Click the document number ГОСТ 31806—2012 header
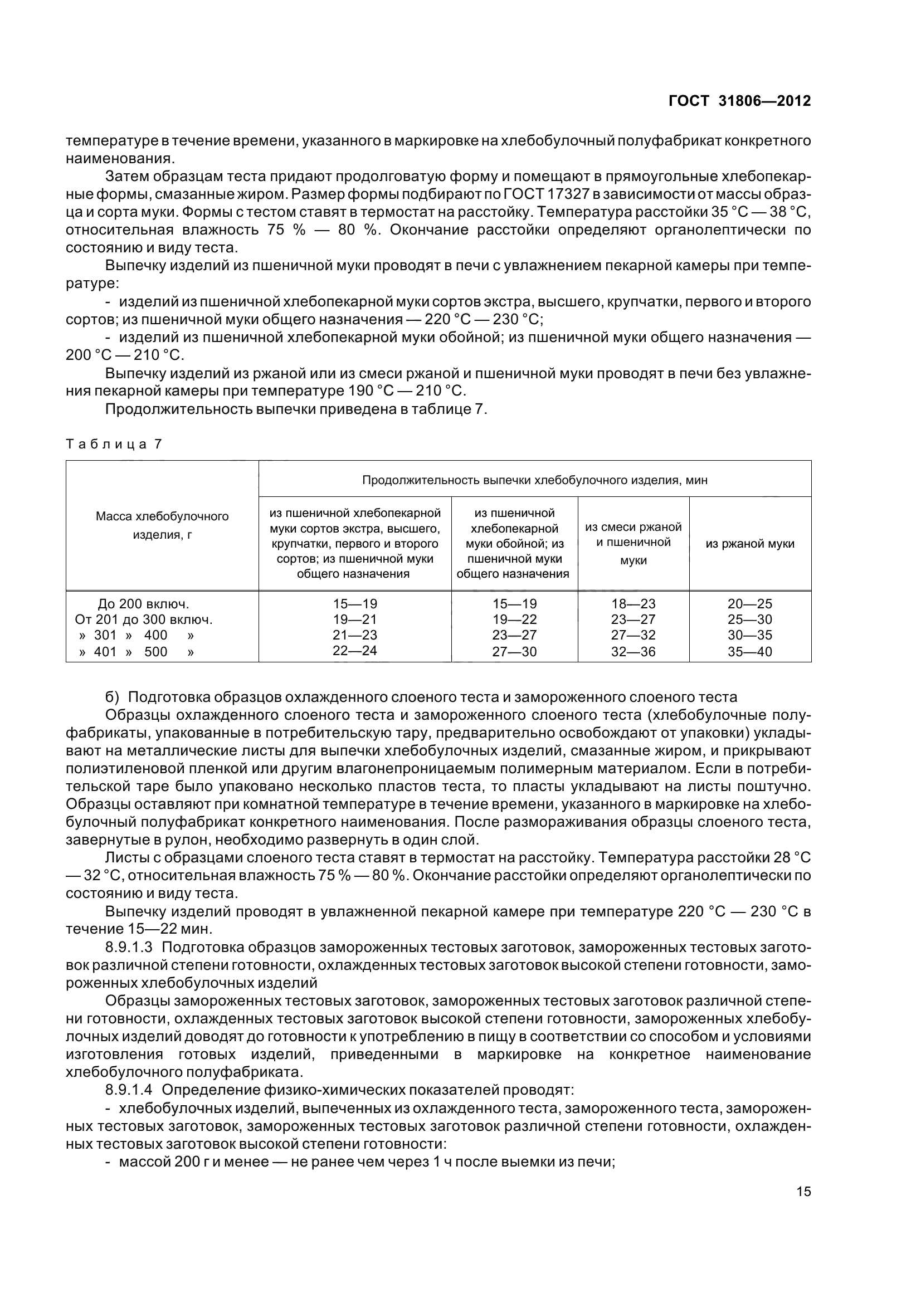coord(739,101)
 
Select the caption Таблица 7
coord(114,444)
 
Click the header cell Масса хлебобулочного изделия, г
coord(162,525)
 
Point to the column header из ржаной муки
coord(749,544)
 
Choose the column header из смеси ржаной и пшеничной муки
coord(634,543)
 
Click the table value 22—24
coord(355,650)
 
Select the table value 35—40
coord(749,652)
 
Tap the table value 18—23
coord(634,604)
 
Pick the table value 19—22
coord(514,619)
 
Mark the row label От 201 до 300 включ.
coord(144,619)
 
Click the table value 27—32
coord(634,635)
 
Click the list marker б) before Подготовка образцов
coord(112,697)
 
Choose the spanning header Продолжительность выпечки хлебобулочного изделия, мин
coord(534,480)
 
